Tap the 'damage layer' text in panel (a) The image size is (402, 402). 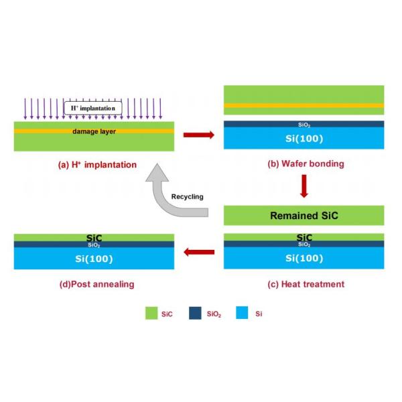[94, 131]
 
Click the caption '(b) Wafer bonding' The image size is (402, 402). [304, 165]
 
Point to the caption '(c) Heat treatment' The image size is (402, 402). [306, 284]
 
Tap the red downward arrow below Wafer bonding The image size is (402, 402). [304, 186]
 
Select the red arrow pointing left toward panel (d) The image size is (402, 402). [199, 252]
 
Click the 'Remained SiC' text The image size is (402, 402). [304, 216]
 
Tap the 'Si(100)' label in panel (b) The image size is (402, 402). [304, 139]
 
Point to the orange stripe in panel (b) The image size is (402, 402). [304, 106]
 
